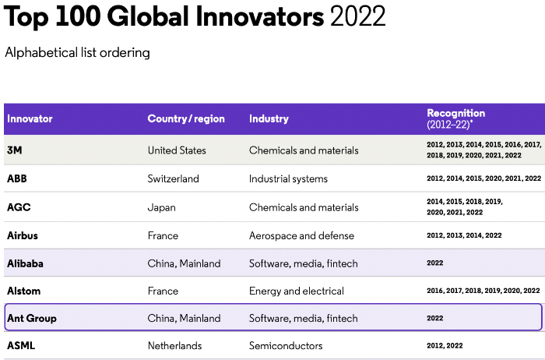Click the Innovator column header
click(x=30, y=119)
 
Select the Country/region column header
click(x=186, y=119)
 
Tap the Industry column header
click(x=269, y=119)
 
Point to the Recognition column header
click(x=455, y=114)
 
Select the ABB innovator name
click(x=18, y=178)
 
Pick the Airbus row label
click(x=22, y=235)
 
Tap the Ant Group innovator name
click(x=31, y=318)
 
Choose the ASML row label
click(x=21, y=345)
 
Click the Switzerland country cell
click(x=173, y=178)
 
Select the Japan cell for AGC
click(x=161, y=207)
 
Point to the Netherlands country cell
click(x=174, y=345)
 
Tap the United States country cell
click(x=177, y=150)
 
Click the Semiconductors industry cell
click(x=286, y=345)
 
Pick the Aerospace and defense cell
click(x=301, y=235)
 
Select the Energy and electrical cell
click(x=296, y=291)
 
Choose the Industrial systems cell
click(x=288, y=178)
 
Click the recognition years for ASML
click(x=445, y=345)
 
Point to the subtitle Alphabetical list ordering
click(x=77, y=53)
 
